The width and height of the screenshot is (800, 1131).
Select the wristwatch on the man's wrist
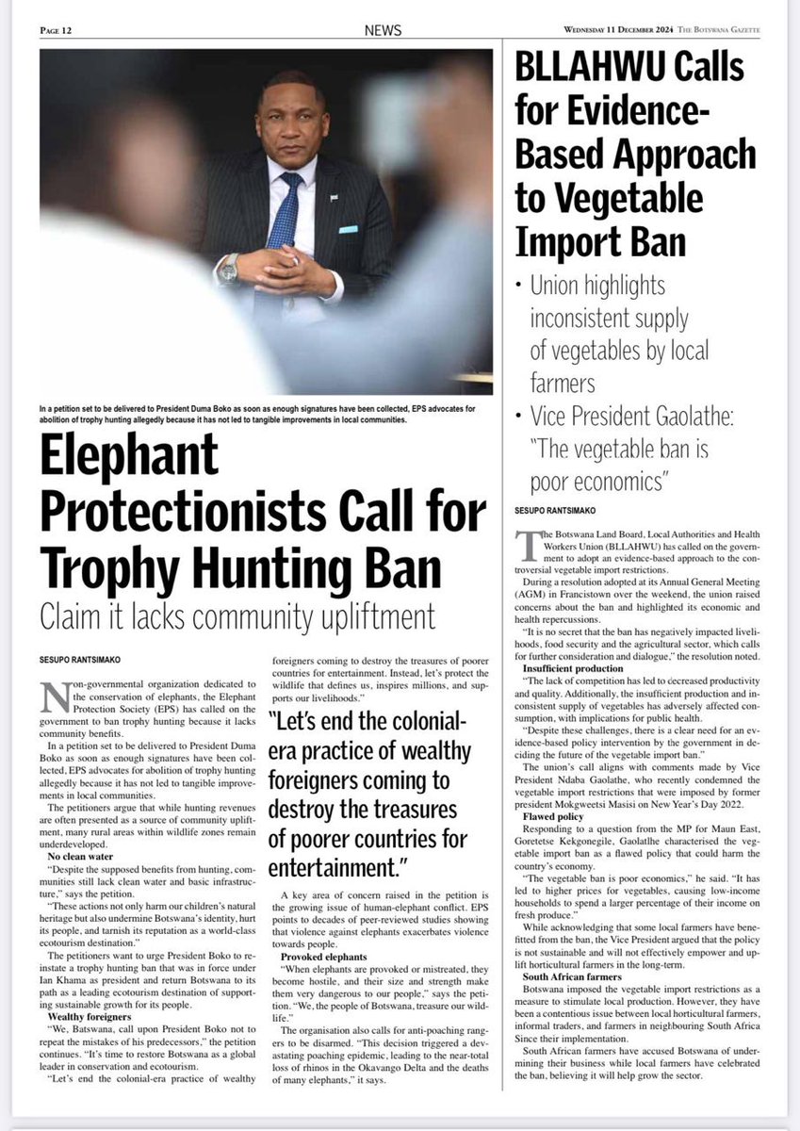point(228,270)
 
